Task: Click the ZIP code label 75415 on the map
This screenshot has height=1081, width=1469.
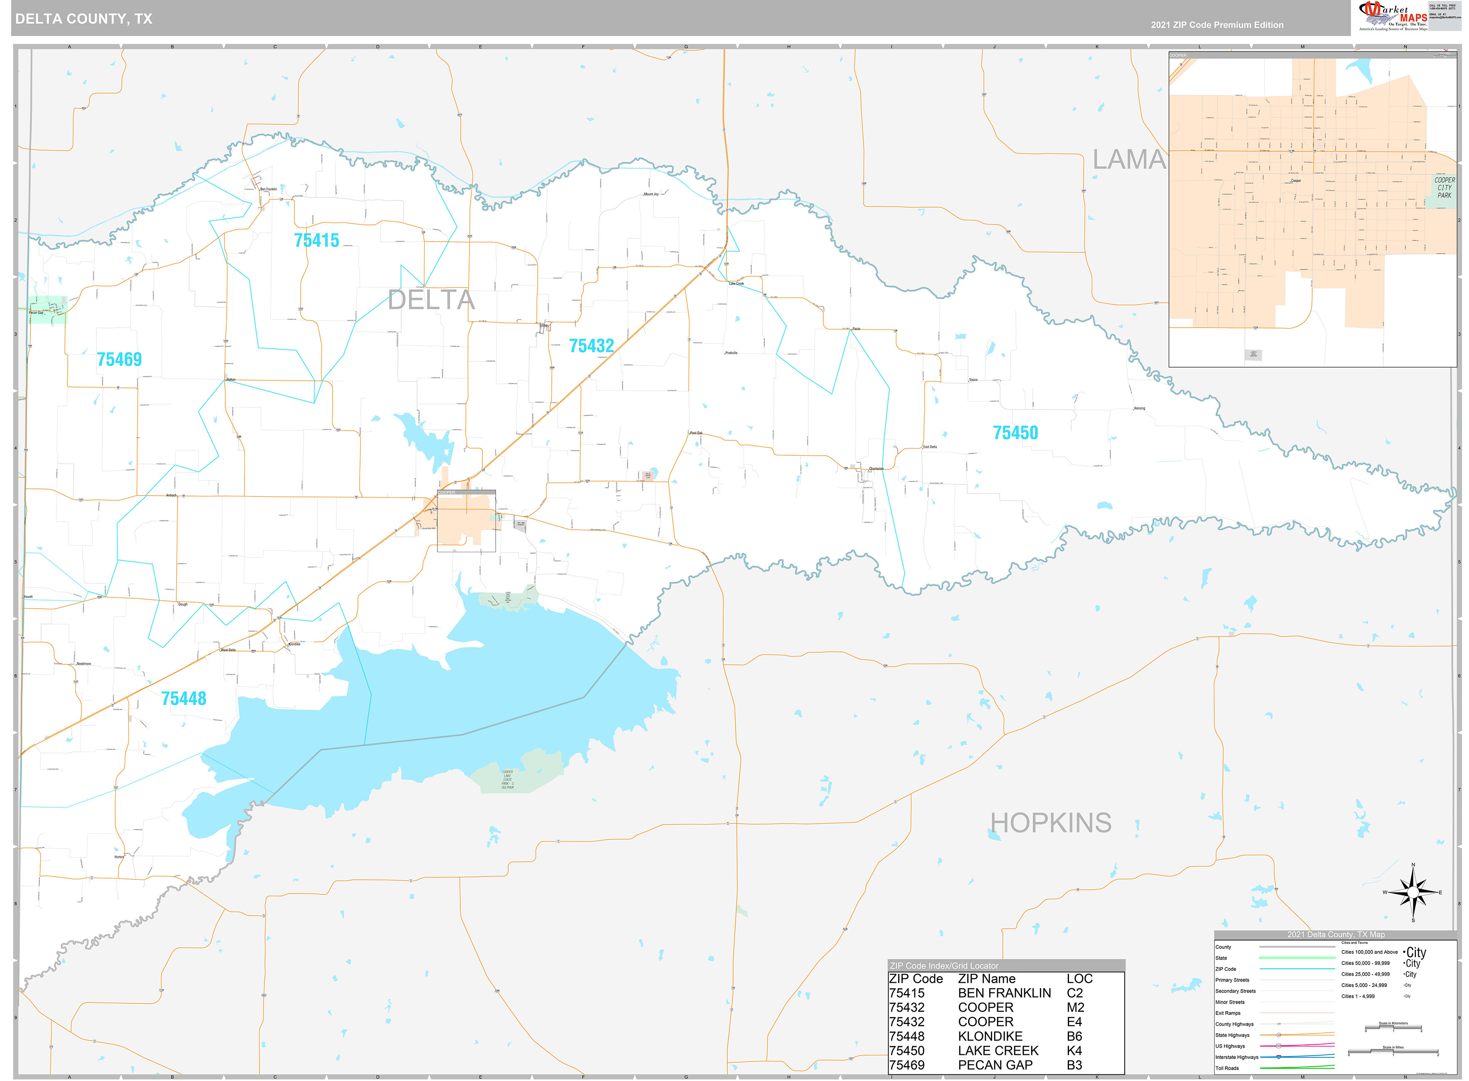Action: (x=317, y=240)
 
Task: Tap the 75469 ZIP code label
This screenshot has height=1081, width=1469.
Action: (x=119, y=359)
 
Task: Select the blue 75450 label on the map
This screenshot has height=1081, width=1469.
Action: (x=1015, y=432)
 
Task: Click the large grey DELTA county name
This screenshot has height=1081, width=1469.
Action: (x=431, y=300)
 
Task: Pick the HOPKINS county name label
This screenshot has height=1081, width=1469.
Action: (x=1050, y=822)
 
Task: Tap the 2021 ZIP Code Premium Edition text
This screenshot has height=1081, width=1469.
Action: (x=1217, y=25)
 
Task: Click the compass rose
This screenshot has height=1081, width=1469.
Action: (x=1413, y=893)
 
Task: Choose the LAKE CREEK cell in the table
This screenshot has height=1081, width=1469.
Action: (x=998, y=1050)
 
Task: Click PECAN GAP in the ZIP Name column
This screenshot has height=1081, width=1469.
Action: (x=995, y=1065)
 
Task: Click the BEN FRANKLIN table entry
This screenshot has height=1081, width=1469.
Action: (x=1004, y=993)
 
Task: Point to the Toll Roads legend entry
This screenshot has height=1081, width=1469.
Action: (x=1227, y=1068)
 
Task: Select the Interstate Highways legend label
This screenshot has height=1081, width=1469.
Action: (x=1237, y=1057)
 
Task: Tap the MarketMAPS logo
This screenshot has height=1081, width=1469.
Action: (x=1392, y=16)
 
